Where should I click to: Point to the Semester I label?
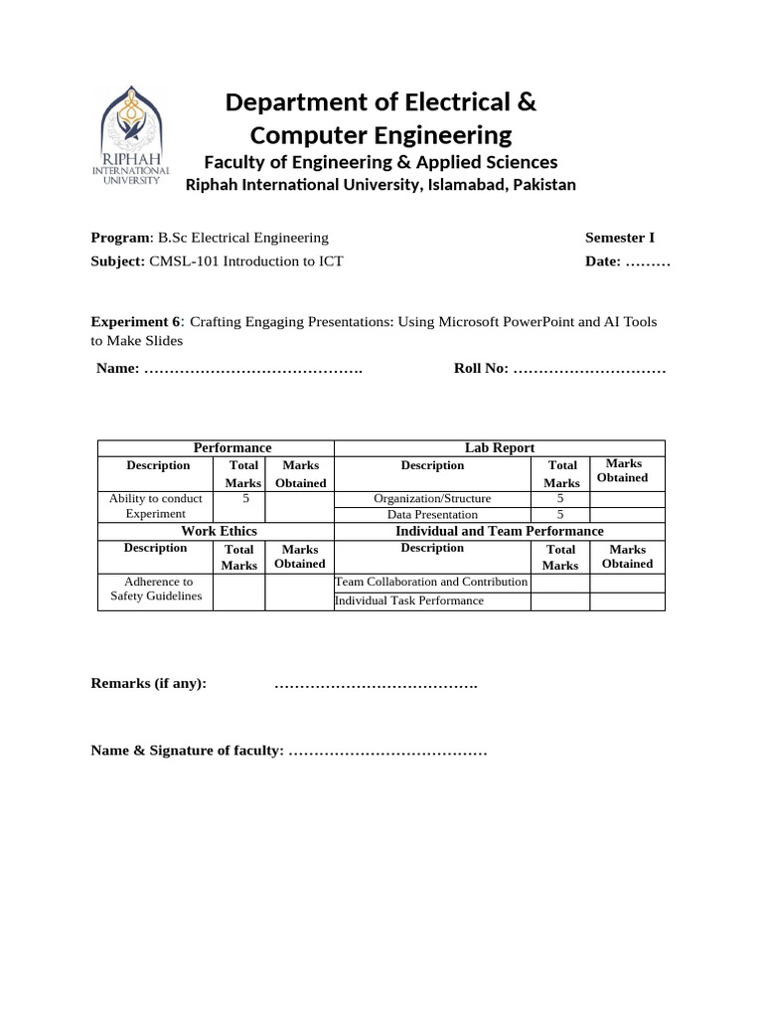(620, 238)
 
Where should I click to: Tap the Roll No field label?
(481, 369)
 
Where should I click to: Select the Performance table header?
(232, 448)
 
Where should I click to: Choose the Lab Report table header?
(500, 448)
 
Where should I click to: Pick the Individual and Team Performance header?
(499, 531)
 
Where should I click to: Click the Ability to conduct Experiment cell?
(155, 506)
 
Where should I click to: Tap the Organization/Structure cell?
(432, 498)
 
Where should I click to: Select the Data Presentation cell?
(432, 515)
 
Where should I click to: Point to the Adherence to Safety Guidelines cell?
(156, 589)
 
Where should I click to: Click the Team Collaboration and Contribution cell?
(431, 582)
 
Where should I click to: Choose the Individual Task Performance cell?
(409, 600)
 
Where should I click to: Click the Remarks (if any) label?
(149, 684)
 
